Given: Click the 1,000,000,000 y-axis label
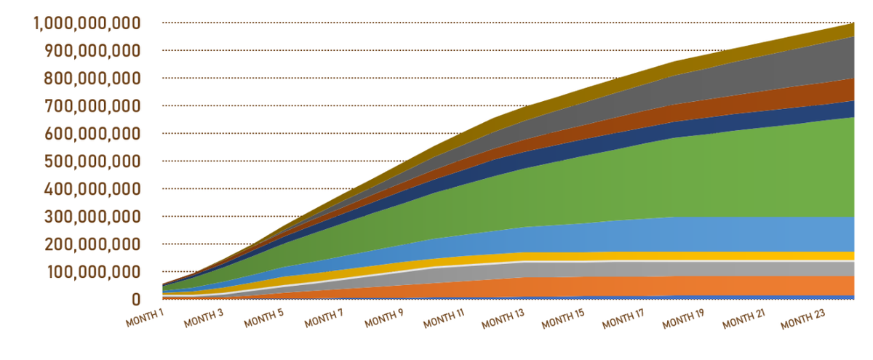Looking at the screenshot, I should (87, 23).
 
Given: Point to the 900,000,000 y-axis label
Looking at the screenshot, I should (92, 50).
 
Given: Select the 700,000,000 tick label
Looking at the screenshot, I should (92, 105).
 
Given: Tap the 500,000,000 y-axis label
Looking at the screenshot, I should (92, 161).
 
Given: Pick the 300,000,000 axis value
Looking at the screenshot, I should (92, 216).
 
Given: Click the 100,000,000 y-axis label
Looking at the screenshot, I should (92, 271).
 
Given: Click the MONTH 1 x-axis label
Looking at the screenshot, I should (145, 318).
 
